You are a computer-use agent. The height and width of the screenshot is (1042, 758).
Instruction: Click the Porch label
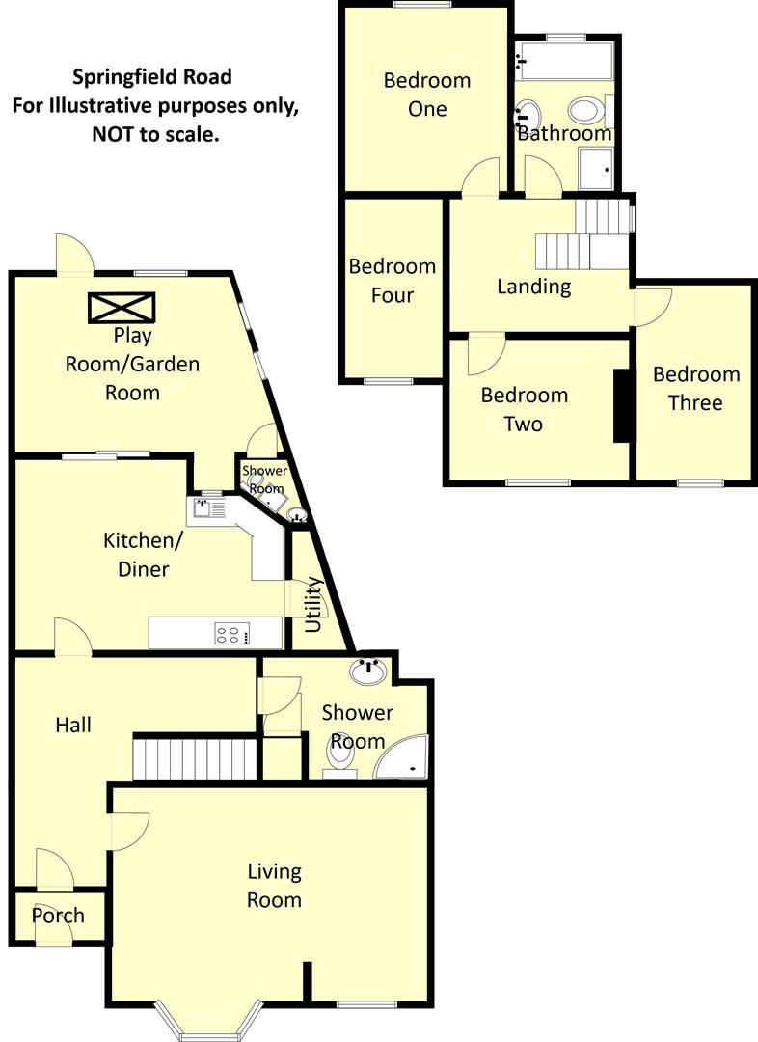coord(58,916)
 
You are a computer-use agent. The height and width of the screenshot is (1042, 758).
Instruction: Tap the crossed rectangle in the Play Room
coord(122,308)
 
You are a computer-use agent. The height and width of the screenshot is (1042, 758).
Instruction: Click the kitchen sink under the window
coord(206,508)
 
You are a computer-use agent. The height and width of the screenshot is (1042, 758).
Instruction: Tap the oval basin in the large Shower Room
coord(369,672)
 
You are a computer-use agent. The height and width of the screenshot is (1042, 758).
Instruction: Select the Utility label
coord(312,604)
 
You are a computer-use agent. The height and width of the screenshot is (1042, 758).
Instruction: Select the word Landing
coord(533,287)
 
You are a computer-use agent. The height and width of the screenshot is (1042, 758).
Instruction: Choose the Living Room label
coord(275,886)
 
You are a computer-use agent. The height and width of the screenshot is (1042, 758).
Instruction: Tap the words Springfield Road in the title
coord(153,76)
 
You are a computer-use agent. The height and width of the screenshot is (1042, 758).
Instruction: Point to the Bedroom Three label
coord(696,388)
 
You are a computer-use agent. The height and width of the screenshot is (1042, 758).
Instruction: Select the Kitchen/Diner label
coord(136,555)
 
